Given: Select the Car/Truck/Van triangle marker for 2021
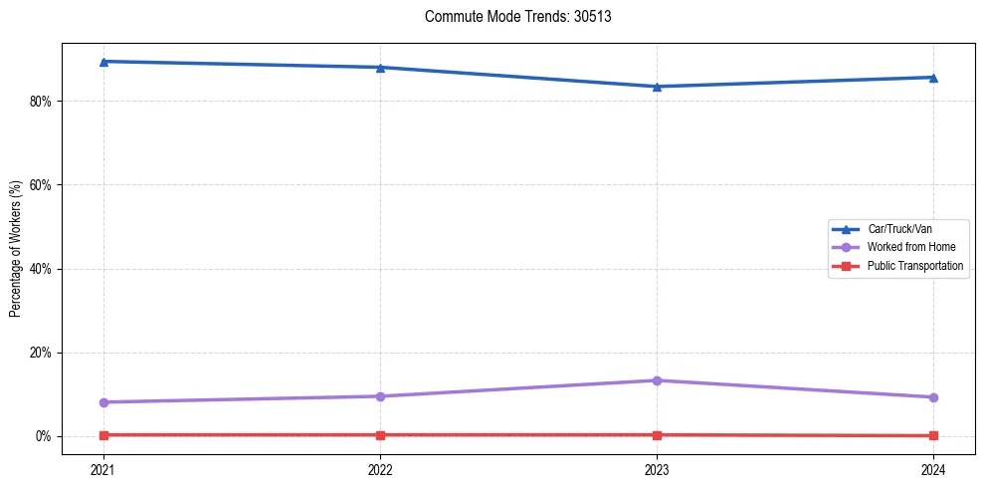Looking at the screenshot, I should tap(103, 62).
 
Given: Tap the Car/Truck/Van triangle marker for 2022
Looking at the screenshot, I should tap(380, 68).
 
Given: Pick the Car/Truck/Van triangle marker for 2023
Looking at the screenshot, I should tap(657, 87).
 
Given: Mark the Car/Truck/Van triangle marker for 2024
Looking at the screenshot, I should tap(933, 78).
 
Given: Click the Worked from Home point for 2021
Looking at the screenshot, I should tap(103, 402).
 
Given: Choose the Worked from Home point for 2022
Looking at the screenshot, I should tap(380, 396).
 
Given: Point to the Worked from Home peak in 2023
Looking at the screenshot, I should tap(657, 380).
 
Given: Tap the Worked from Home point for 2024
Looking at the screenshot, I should tap(933, 397).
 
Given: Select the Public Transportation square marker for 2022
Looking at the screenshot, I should tap(380, 435).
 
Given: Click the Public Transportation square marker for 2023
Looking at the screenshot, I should tap(657, 435).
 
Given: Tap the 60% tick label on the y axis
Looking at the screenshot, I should tap(44, 185).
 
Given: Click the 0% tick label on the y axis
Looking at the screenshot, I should tap(47, 436).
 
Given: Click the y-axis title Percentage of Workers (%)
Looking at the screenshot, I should tap(15, 249).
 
